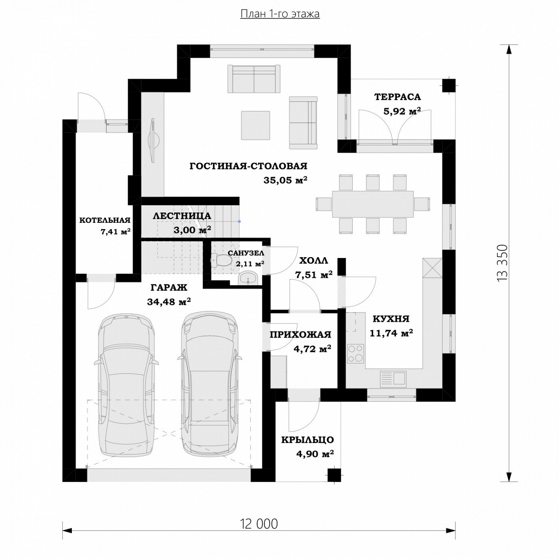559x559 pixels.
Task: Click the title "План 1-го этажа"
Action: click(280, 14)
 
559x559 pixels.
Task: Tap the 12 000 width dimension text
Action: click(259, 524)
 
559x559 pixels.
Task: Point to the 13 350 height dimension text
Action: click(502, 263)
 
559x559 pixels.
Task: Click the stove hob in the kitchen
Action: click(356, 353)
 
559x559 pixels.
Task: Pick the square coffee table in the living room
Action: click(255, 125)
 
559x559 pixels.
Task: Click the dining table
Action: click(373, 204)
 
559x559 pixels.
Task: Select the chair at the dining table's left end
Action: click(324, 204)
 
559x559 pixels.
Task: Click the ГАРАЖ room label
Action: click(169, 288)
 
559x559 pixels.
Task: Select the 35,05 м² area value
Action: click(285, 180)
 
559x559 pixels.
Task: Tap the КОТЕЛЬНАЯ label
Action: click(105, 221)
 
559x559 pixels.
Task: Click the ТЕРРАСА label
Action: click(397, 97)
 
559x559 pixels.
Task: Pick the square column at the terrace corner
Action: click(448, 86)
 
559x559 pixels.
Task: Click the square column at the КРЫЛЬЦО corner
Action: click(334, 476)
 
